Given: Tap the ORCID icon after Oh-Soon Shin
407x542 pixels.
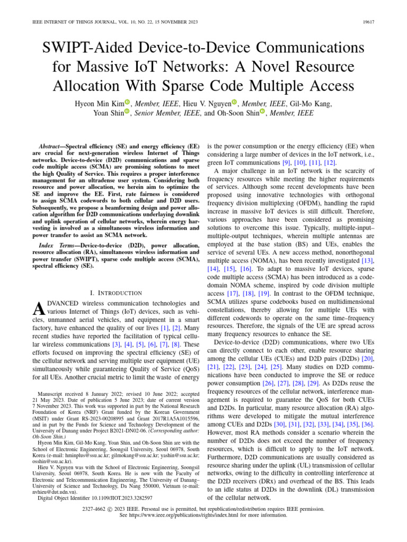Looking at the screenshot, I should pos(262,112).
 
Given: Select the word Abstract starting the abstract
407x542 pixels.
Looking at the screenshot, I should pos(54,146).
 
